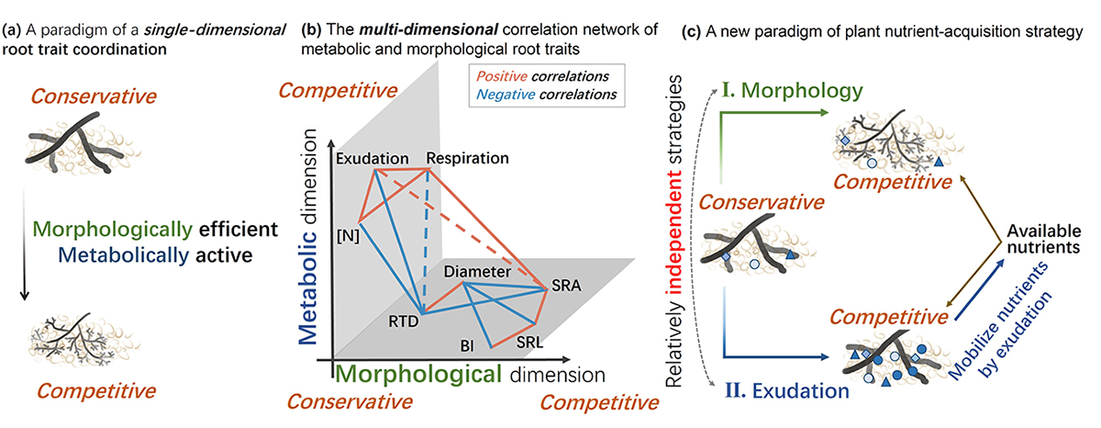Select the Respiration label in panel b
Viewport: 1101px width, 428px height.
point(468,158)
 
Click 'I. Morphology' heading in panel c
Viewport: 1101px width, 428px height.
point(793,91)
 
